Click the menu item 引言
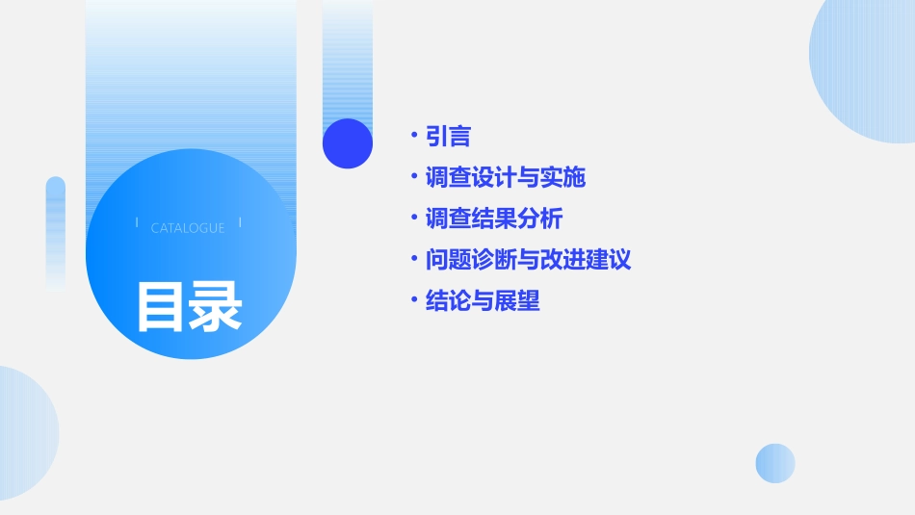click(448, 137)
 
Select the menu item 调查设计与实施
click(506, 177)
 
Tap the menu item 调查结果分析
click(494, 219)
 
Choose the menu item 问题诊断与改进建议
click(528, 259)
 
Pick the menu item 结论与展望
click(483, 300)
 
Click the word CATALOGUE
click(188, 228)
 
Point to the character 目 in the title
click(161, 306)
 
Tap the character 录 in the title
click(216, 306)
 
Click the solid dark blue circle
click(347, 143)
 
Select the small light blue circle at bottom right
click(775, 463)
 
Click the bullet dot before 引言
click(413, 135)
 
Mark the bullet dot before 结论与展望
click(413, 299)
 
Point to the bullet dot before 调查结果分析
click(413, 218)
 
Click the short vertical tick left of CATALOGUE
click(137, 223)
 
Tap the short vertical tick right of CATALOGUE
click(240, 223)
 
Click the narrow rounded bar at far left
click(56, 231)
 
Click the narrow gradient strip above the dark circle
click(348, 58)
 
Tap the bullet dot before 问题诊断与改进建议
click(413, 258)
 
